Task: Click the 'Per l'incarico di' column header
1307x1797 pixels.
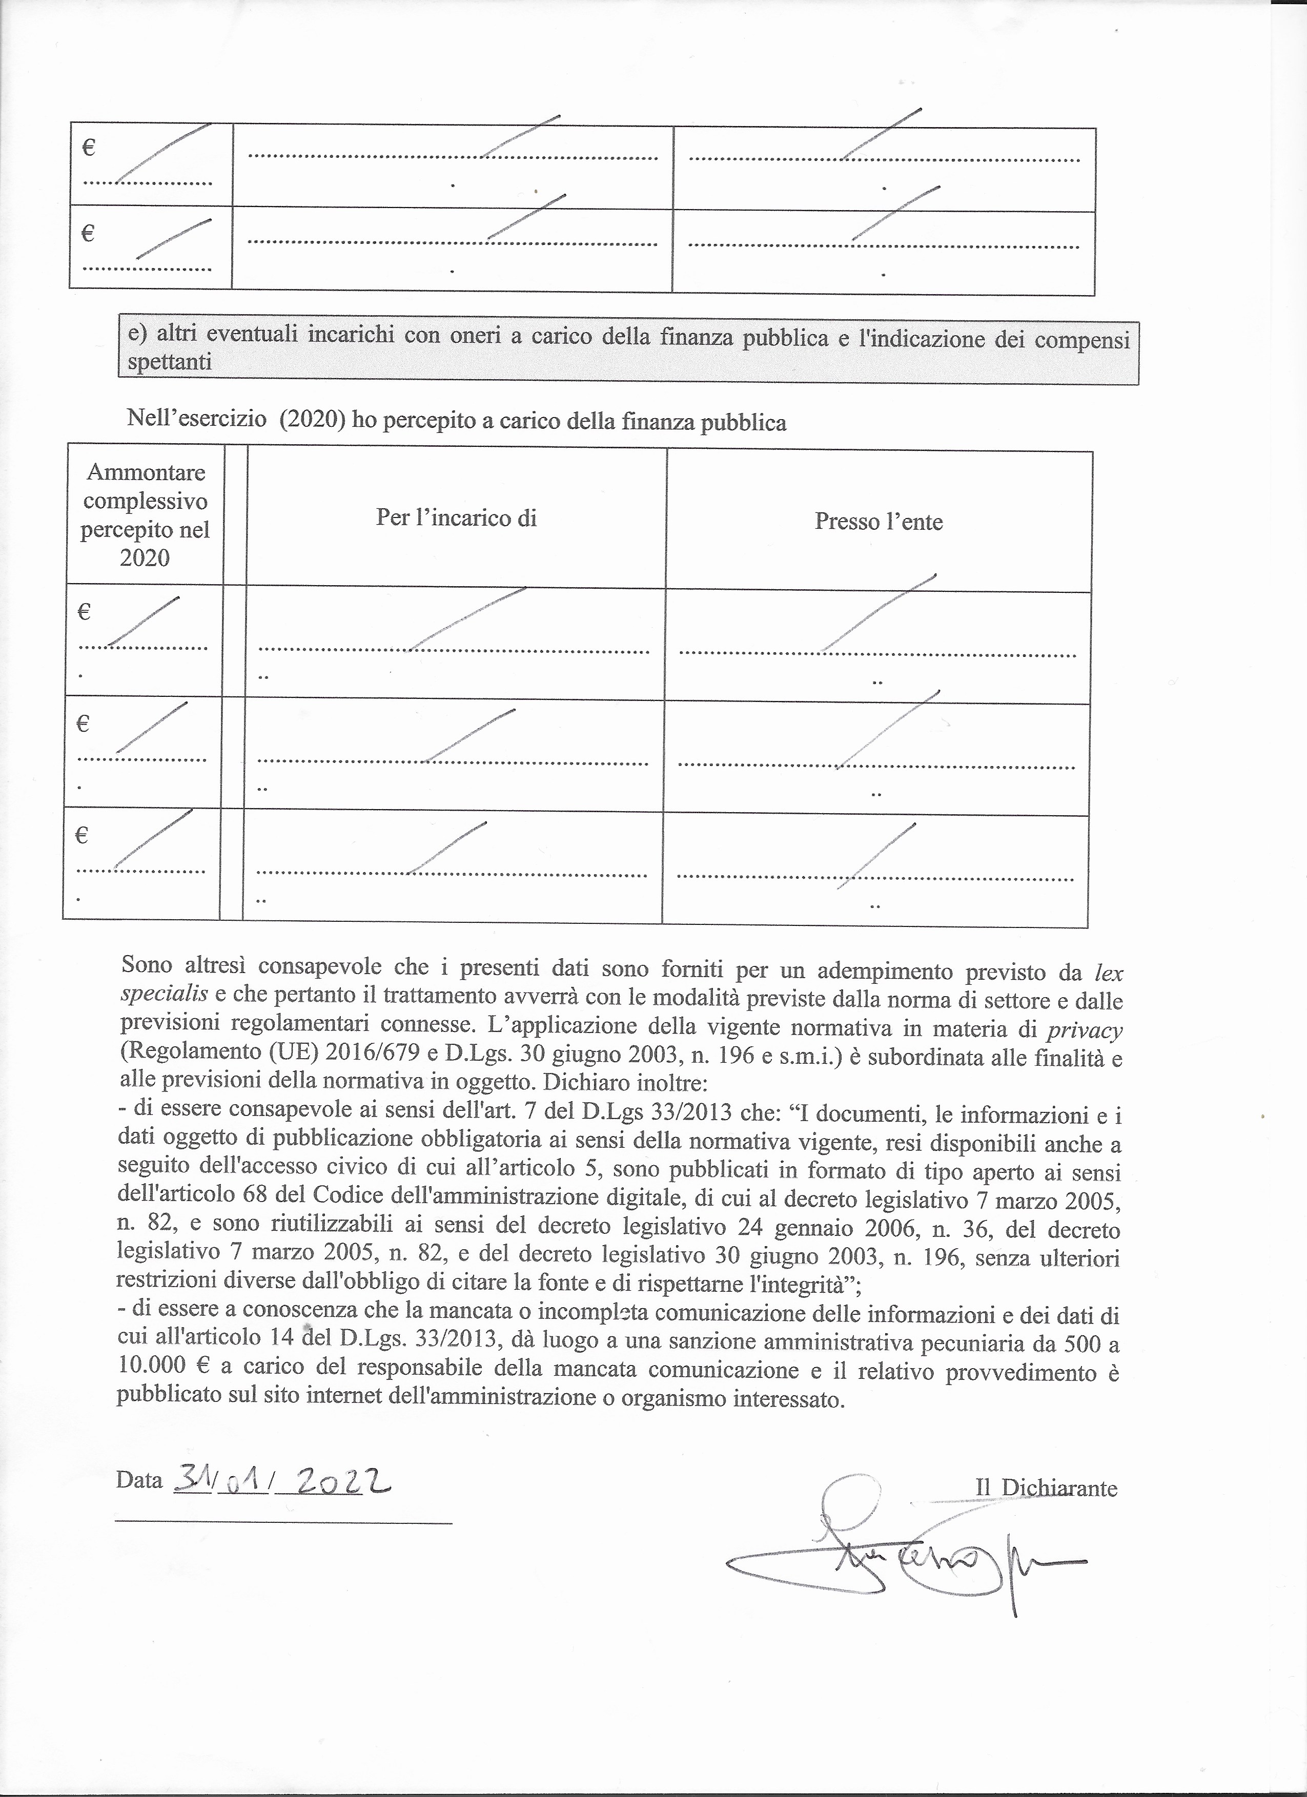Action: [x=457, y=518]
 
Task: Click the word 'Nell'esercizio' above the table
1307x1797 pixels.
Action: [x=197, y=418]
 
